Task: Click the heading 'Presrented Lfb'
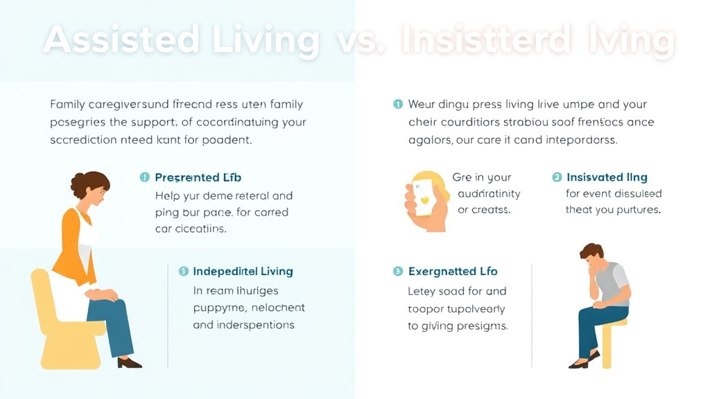198,178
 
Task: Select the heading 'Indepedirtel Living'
243,272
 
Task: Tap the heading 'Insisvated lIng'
607,177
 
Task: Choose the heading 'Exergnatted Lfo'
453,272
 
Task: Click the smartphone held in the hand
424,197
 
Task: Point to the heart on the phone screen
424,199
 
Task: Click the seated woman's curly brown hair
89,184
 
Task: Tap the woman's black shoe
128,362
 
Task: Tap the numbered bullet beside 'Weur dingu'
398,105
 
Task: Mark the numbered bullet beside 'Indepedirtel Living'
184,272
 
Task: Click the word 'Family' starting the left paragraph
68,105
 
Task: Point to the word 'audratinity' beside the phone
488,194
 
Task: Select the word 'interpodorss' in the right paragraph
576,139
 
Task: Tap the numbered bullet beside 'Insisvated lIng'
557,177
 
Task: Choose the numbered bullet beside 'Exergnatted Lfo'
398,272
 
